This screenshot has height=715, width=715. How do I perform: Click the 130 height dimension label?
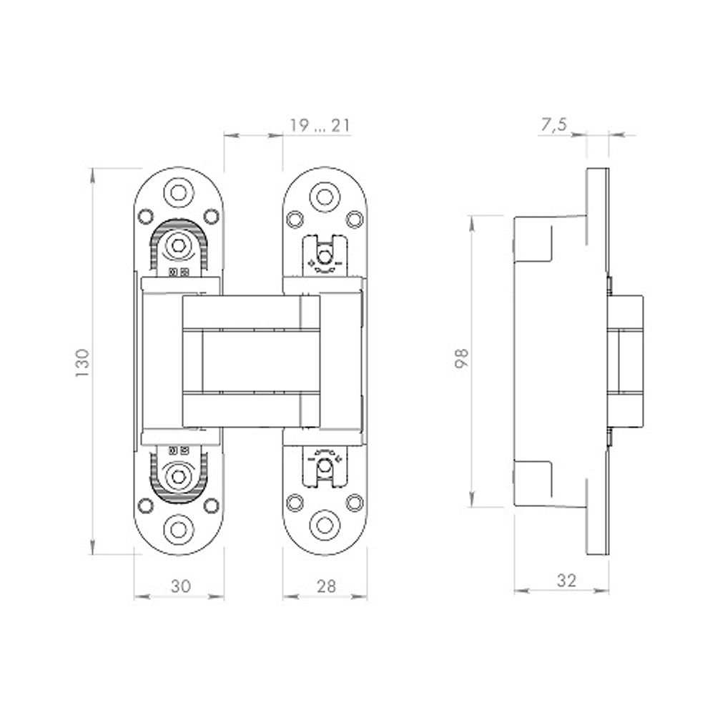(x=84, y=363)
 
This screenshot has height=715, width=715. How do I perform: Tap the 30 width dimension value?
(x=181, y=586)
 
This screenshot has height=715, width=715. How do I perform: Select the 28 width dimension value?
(x=326, y=586)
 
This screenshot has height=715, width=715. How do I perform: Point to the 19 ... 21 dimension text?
(x=320, y=127)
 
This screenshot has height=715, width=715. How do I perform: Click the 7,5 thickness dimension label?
(x=553, y=125)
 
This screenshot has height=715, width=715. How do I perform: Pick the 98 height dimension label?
(x=462, y=357)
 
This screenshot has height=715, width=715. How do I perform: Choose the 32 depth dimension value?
(x=566, y=580)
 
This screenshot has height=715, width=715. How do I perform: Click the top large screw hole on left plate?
(x=178, y=192)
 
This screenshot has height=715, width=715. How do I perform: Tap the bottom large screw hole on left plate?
(x=178, y=529)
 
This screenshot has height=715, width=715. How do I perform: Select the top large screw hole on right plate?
(x=325, y=197)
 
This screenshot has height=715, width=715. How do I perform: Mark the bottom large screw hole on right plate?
(x=325, y=525)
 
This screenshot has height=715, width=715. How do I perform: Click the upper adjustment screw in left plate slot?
(x=178, y=246)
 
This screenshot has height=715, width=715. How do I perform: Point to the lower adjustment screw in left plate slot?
(x=178, y=475)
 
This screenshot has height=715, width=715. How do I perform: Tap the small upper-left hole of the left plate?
(x=146, y=215)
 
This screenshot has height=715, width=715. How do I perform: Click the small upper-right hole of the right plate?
(x=355, y=219)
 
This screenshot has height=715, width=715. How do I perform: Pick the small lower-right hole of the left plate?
(x=211, y=506)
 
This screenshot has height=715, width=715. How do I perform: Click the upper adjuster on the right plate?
(x=325, y=255)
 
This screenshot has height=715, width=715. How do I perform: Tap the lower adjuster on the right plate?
(x=325, y=465)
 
